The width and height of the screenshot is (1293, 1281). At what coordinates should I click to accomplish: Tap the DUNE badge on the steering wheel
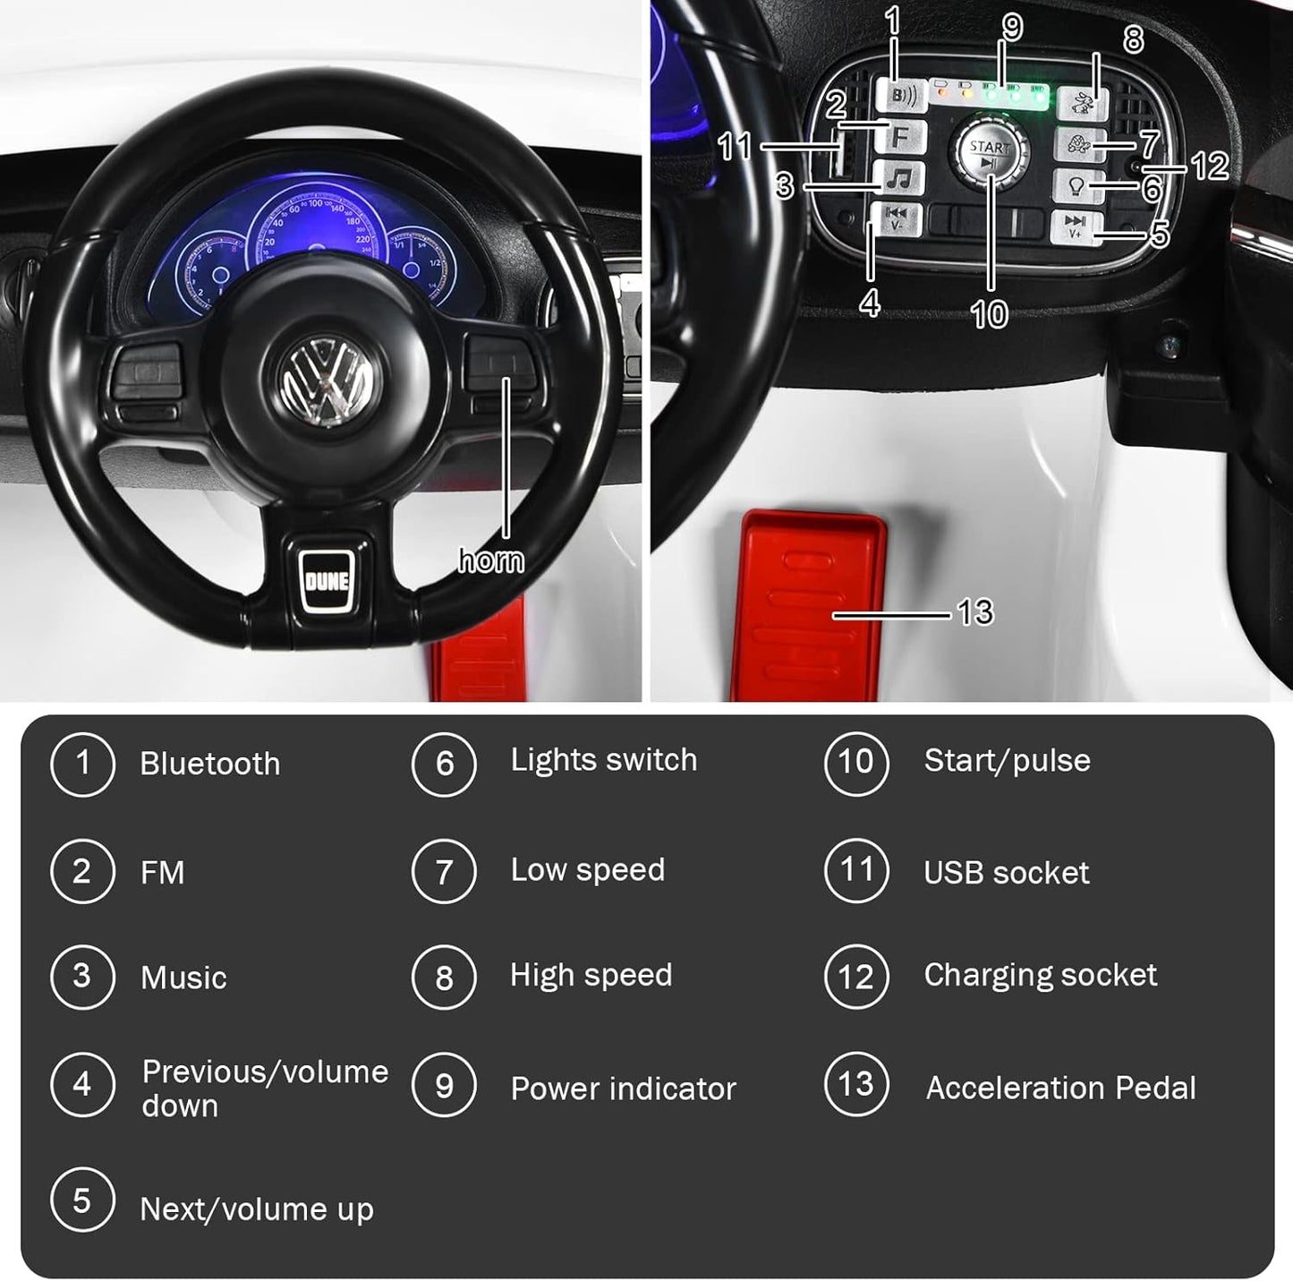click(327, 581)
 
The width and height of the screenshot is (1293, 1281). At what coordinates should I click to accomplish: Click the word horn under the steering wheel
click(491, 560)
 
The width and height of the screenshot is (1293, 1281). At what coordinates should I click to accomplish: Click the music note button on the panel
click(900, 178)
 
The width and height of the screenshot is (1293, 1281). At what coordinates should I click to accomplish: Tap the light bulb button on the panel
click(1076, 186)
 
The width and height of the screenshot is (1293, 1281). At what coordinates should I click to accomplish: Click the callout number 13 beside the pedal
click(975, 612)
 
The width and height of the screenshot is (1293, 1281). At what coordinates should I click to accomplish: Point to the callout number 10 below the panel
click(989, 314)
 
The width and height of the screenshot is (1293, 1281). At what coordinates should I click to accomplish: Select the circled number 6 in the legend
click(444, 764)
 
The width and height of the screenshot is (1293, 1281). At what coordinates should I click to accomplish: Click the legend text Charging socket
click(1040, 975)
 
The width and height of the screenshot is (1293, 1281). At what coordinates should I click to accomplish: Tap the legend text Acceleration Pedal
click(1060, 1088)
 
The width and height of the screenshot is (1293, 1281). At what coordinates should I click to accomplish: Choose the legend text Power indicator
click(623, 1089)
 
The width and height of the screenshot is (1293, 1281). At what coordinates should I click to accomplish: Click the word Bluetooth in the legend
click(210, 764)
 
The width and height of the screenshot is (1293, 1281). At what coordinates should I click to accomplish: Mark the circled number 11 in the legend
click(856, 870)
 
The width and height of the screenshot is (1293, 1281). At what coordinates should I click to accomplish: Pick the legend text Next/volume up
click(257, 1209)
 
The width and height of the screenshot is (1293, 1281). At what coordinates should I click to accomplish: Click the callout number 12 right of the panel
click(1210, 166)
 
